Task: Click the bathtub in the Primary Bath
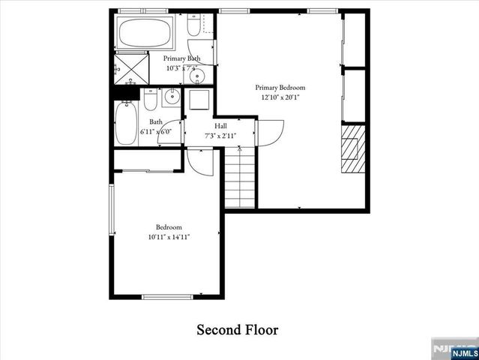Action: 145,33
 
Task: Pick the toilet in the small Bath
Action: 150,100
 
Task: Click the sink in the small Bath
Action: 172,97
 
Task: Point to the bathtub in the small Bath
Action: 125,124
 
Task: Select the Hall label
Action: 220,126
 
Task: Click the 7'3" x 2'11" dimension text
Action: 220,136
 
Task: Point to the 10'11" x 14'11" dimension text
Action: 168,237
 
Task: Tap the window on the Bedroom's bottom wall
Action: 167,297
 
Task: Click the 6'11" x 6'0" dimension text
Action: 156,132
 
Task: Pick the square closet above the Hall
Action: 200,100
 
